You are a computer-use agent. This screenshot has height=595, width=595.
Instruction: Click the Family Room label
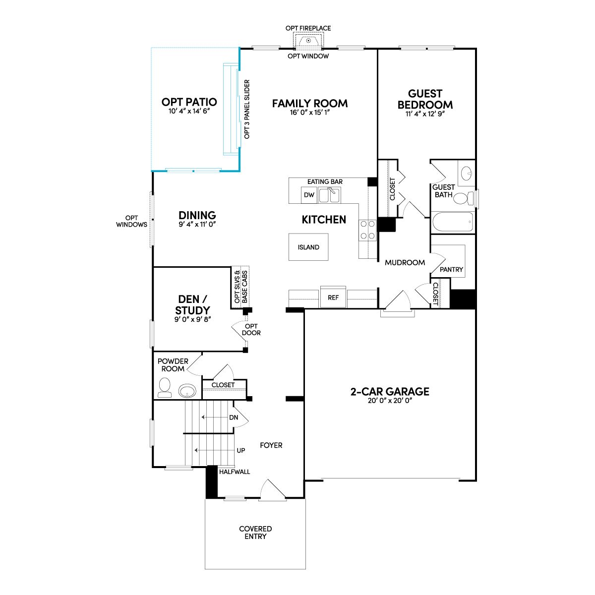(x=310, y=104)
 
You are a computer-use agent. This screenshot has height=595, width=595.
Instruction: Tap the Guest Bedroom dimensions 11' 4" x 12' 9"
(x=425, y=114)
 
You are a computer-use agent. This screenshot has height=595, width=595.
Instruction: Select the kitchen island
(x=308, y=247)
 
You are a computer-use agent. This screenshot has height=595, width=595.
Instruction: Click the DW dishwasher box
(x=309, y=195)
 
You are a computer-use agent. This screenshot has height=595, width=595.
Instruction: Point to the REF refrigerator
(x=333, y=297)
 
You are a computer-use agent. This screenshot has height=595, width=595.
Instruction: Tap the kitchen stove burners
(x=367, y=230)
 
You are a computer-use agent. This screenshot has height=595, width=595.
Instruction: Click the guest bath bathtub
(x=453, y=222)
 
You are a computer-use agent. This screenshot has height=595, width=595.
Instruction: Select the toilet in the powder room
(x=164, y=388)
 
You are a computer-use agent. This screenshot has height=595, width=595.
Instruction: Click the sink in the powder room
(x=187, y=391)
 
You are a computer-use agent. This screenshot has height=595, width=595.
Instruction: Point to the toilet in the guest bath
(x=464, y=198)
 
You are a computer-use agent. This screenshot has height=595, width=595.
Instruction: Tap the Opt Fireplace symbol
(x=308, y=41)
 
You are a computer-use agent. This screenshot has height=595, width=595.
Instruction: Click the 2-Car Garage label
(x=390, y=392)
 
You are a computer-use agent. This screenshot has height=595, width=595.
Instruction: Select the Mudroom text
(x=405, y=262)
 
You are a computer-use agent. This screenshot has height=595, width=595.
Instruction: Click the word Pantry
(x=451, y=270)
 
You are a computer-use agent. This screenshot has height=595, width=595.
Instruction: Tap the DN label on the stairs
(x=234, y=417)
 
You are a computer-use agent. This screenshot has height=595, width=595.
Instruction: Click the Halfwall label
(x=235, y=472)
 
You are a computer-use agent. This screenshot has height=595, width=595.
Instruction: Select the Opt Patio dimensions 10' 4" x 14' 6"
(x=189, y=111)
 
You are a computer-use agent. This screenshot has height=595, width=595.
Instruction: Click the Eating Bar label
(x=325, y=181)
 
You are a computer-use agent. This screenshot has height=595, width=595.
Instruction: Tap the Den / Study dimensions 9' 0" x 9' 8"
(x=193, y=319)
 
